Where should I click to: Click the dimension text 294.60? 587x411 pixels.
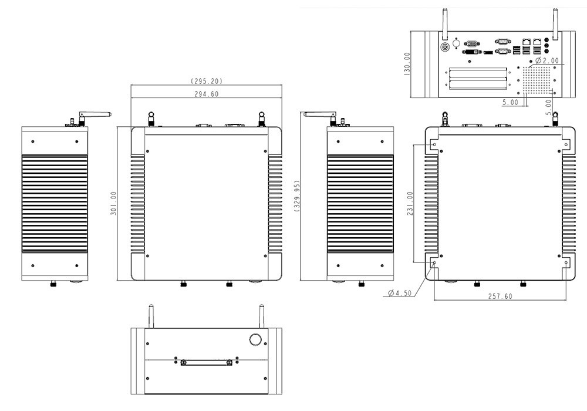[x=205, y=94]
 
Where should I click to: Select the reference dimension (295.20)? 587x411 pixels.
[x=205, y=81]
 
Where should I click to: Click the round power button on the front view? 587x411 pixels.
[x=255, y=340]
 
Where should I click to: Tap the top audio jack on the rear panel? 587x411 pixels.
[x=547, y=36]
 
